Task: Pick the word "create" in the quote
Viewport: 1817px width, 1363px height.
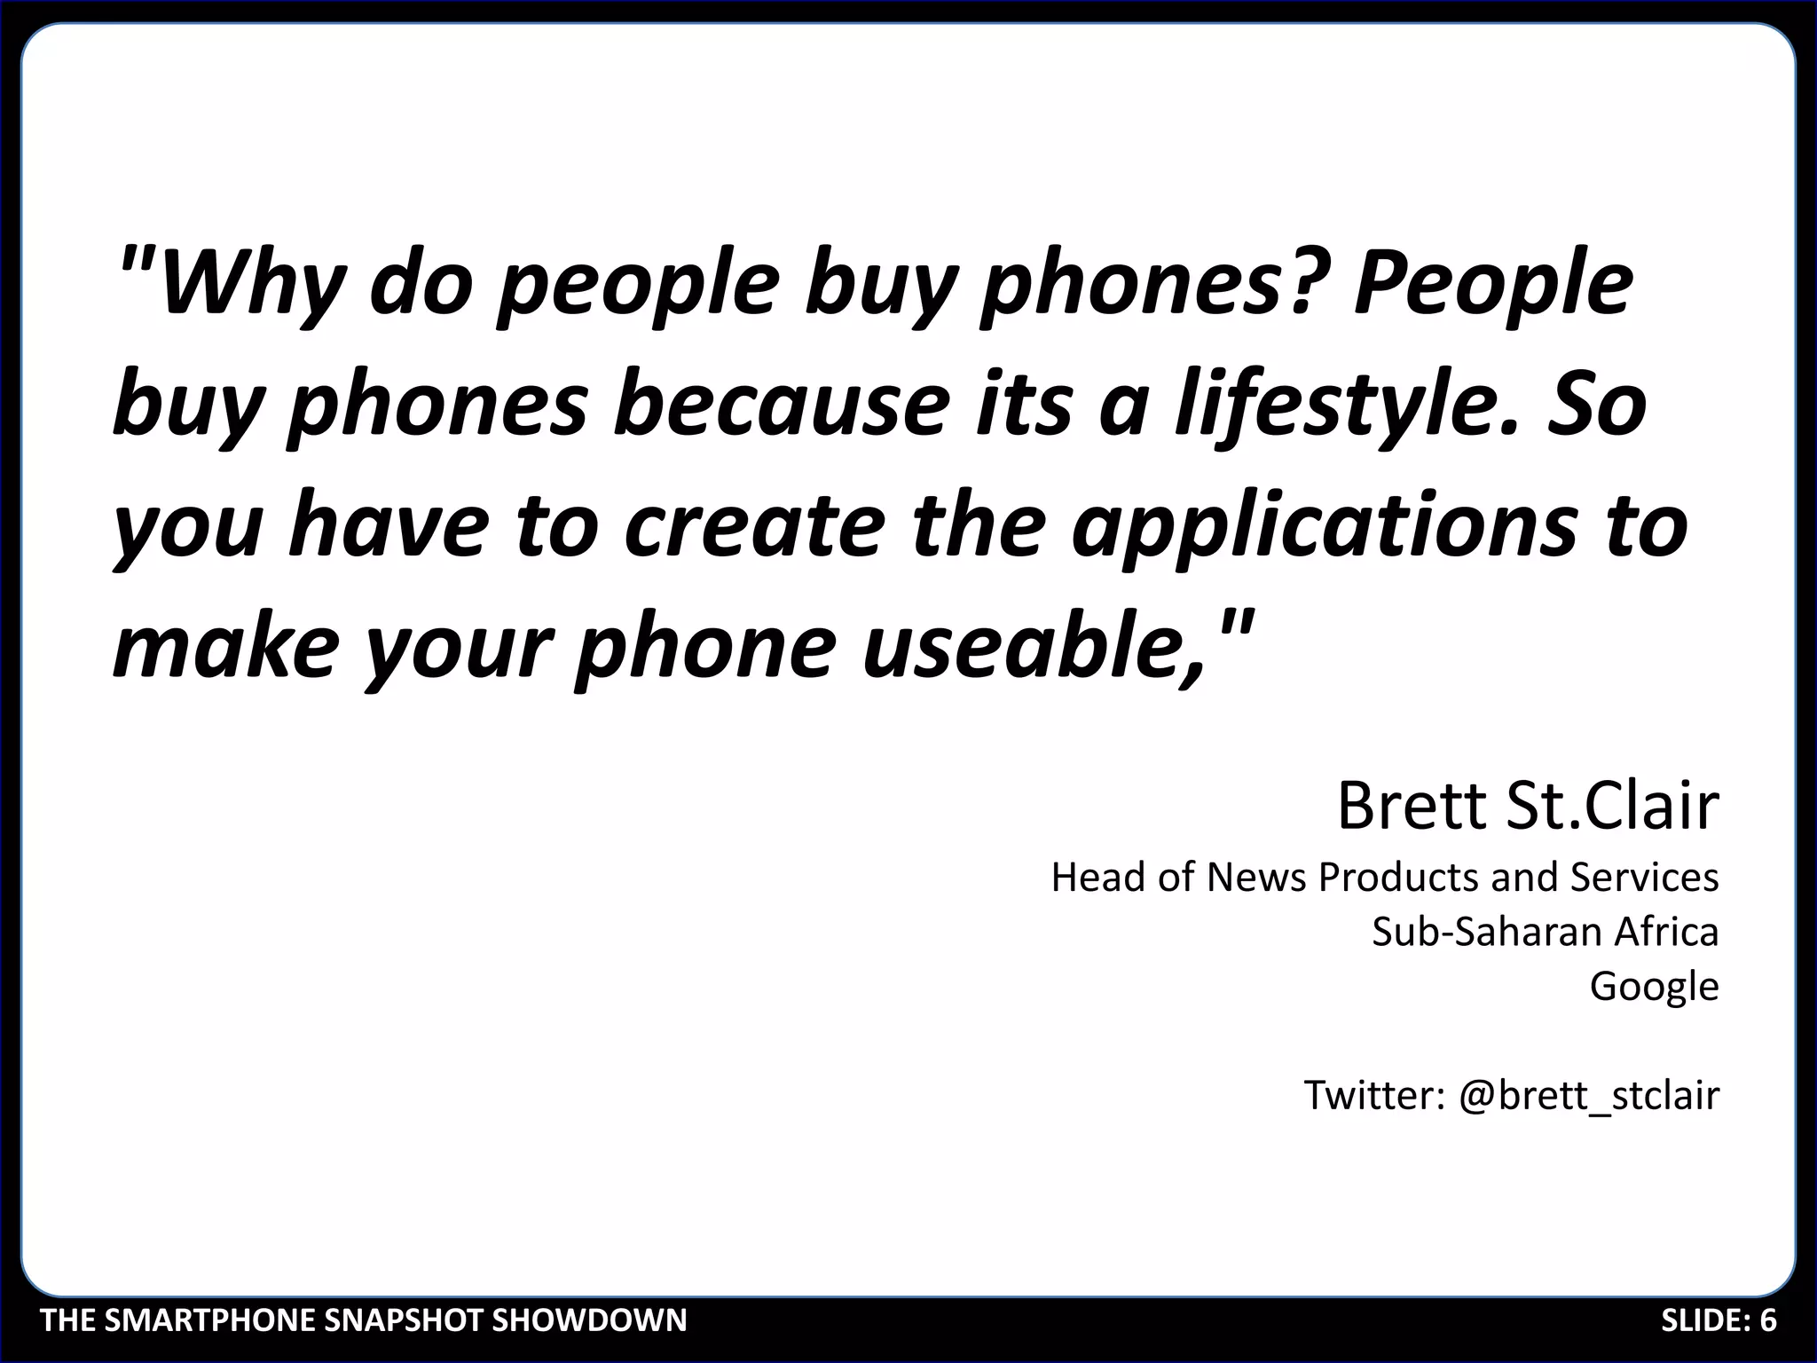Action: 753,524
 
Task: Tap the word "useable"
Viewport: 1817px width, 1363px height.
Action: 1034,646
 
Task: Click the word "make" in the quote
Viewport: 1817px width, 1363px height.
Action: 226,646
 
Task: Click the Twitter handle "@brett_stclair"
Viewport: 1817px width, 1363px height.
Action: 1589,1096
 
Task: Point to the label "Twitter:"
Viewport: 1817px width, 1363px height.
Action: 1374,1095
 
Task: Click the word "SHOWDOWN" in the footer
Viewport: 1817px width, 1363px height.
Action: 589,1320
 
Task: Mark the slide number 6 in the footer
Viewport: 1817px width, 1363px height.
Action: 1768,1320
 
